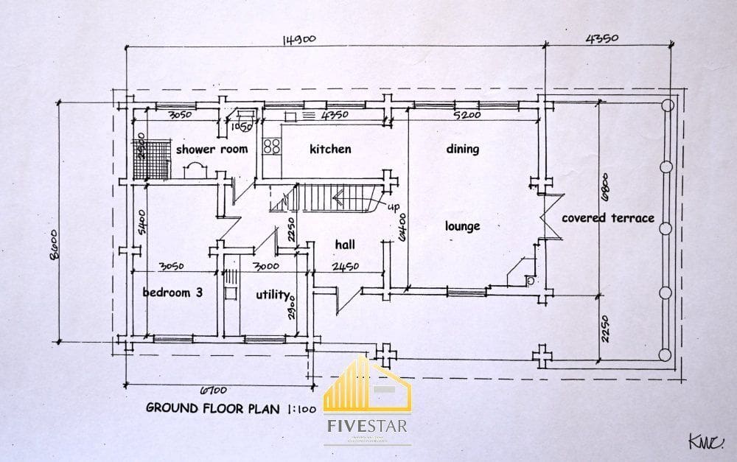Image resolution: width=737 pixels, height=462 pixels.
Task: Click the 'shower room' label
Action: click(x=211, y=149)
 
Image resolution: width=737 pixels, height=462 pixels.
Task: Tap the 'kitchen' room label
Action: click(x=329, y=149)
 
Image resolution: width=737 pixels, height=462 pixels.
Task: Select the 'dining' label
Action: click(x=462, y=149)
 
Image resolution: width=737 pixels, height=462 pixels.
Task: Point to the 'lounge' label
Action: click(x=462, y=226)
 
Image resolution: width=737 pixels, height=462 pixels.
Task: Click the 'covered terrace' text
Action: click(x=607, y=218)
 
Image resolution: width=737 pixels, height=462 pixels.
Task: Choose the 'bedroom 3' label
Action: click(x=172, y=293)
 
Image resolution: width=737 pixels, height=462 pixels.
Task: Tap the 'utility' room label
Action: click(x=272, y=295)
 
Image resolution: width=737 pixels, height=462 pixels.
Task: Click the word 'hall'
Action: click(x=345, y=245)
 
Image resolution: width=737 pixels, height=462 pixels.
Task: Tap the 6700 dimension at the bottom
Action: click(x=212, y=390)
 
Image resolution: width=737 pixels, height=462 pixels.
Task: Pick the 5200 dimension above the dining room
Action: click(x=467, y=116)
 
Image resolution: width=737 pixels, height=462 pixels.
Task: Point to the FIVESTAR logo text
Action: click(x=369, y=426)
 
